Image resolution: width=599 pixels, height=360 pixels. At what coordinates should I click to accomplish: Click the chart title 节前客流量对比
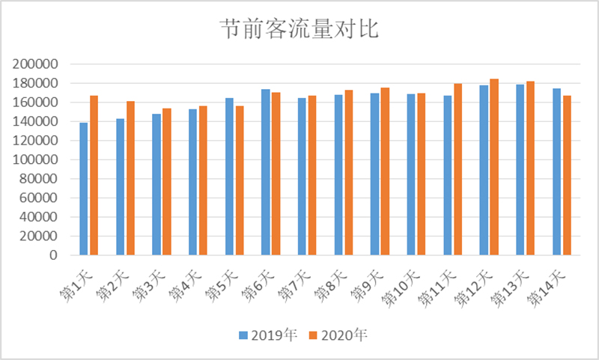(x=299, y=30)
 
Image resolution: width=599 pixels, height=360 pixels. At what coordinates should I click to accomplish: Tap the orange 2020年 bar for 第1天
(x=94, y=176)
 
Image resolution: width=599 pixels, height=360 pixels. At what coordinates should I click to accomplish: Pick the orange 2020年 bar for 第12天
(x=494, y=167)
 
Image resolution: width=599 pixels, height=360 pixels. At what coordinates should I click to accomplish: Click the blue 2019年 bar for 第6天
(x=266, y=172)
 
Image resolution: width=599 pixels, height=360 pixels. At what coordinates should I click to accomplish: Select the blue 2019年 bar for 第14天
(x=557, y=172)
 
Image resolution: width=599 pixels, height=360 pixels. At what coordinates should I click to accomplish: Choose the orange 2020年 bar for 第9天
(x=385, y=171)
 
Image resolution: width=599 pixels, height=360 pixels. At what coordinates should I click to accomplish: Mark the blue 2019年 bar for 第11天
(x=448, y=175)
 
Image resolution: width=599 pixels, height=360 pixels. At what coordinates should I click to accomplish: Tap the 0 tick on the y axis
(x=53, y=255)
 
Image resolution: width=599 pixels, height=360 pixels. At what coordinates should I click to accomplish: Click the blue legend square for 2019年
(x=243, y=335)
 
